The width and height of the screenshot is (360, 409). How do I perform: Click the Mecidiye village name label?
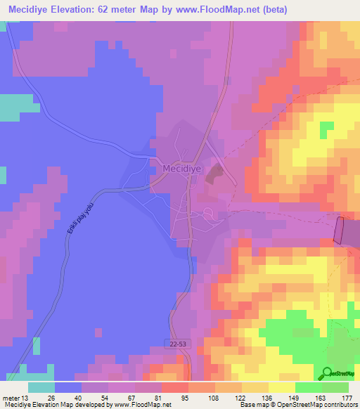click(181, 169)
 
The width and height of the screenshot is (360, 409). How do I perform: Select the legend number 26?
click(51, 398)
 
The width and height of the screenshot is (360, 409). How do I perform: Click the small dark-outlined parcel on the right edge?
click(340, 231)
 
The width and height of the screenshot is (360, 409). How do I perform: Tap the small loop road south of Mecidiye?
click(209, 214)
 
